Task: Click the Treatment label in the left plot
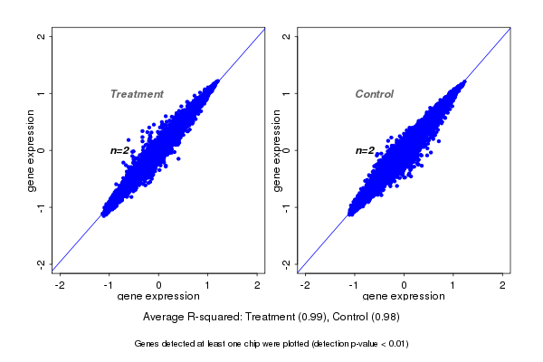coord(137,94)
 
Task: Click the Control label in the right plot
coord(374,94)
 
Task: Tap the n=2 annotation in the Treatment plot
coord(120,150)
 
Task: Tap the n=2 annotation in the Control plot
coord(365,150)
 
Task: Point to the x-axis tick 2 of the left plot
coord(258,285)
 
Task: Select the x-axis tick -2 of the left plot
coord(60,285)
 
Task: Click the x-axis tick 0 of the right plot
coord(404,285)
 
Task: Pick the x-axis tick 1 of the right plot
coord(453,285)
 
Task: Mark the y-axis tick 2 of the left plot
coord(42,36)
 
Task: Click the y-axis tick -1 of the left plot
coord(42,206)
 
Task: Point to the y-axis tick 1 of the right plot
coord(287,93)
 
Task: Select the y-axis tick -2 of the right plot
coord(287,263)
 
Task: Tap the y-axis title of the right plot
coord(276,150)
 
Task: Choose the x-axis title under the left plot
coord(158,297)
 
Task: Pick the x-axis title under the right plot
coord(404,297)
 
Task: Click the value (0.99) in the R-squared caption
coord(310,317)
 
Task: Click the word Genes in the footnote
coord(148,344)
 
